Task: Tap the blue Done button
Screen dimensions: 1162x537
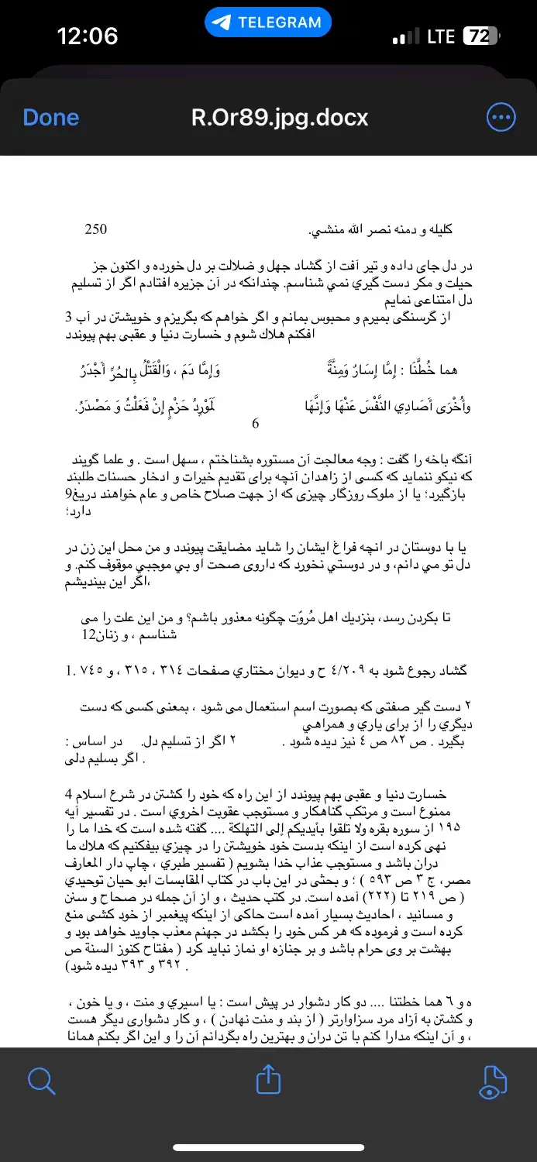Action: [x=51, y=118]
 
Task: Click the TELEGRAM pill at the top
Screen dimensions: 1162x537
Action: [x=268, y=22]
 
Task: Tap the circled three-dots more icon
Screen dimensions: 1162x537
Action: [x=501, y=118]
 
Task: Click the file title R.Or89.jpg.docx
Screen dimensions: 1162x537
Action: [x=280, y=118]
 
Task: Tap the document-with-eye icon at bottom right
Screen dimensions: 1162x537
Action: [x=494, y=1081]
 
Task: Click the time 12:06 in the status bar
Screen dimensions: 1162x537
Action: [x=88, y=36]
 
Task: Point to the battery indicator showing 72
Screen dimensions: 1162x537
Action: [x=480, y=36]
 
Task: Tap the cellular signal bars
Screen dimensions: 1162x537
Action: [x=405, y=37]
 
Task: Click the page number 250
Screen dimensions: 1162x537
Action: [x=95, y=229]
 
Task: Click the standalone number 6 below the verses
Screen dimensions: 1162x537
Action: [x=256, y=424]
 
